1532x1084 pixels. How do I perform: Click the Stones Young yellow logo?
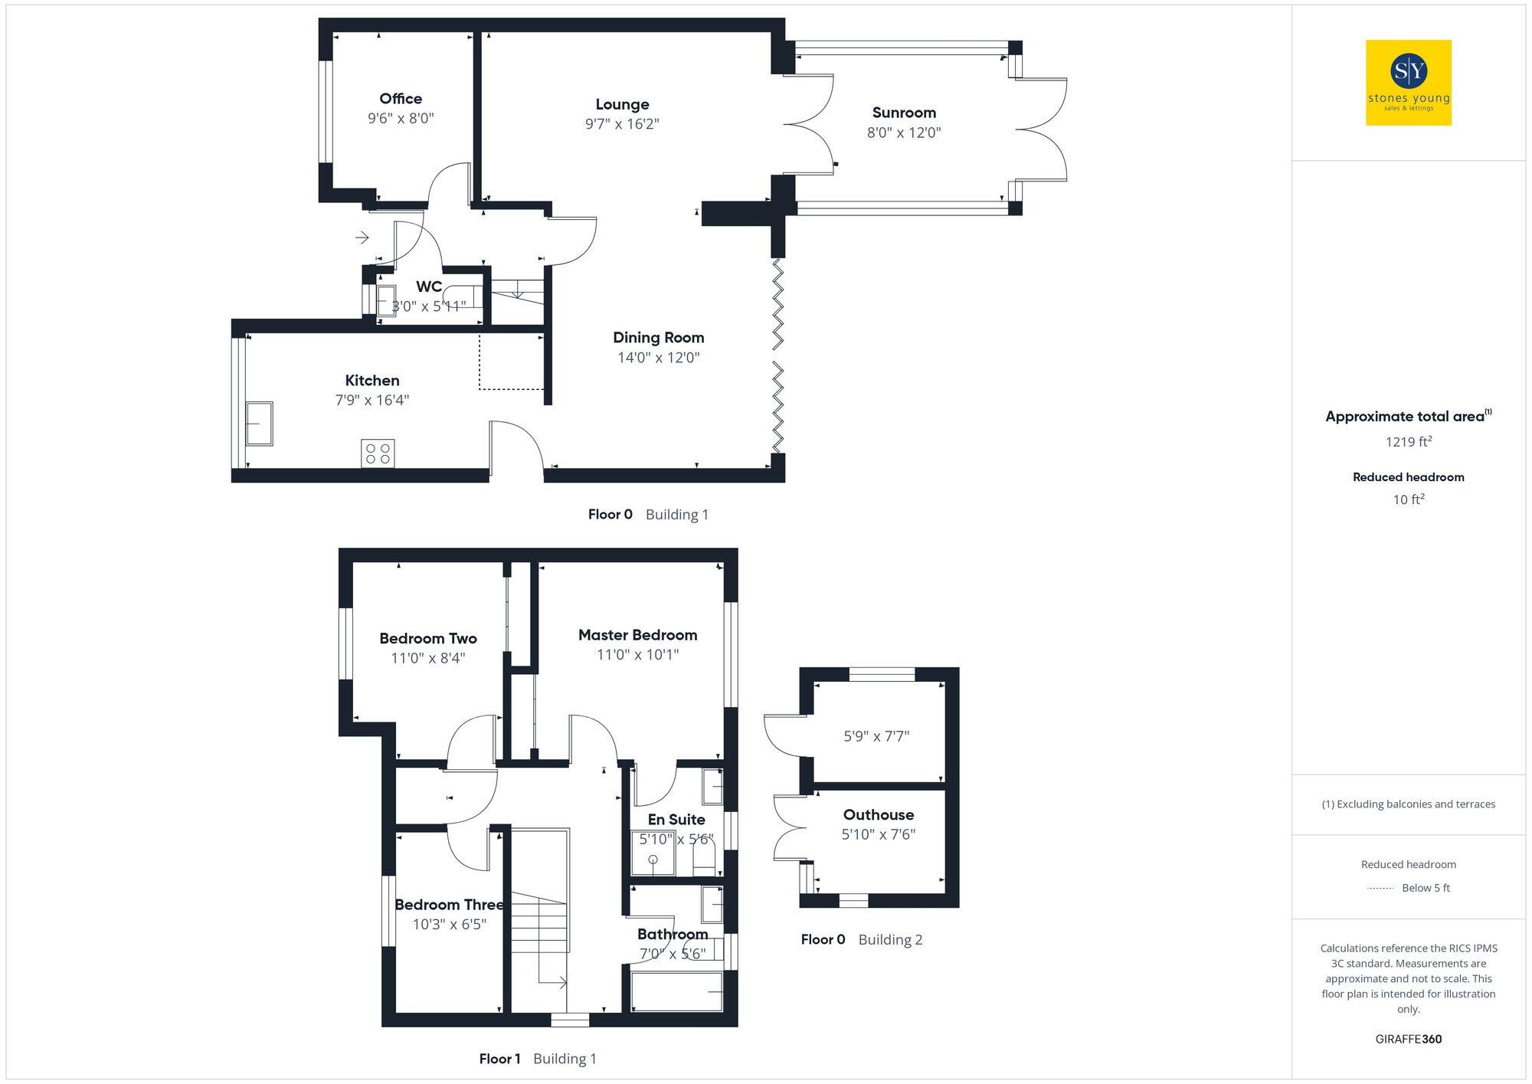tap(1408, 83)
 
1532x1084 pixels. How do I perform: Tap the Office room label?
tap(401, 98)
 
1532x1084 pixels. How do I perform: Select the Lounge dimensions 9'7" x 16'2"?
tap(622, 124)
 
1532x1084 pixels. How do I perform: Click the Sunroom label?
tap(904, 113)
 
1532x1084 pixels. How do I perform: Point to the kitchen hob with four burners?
tap(378, 453)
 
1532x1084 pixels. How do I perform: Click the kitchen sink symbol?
tap(260, 423)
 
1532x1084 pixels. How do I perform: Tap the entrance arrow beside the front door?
tap(362, 237)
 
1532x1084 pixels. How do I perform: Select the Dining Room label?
tap(658, 337)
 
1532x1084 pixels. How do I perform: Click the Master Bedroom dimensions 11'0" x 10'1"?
tap(637, 654)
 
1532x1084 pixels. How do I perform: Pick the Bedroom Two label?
tap(427, 638)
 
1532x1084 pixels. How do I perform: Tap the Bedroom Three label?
tap(449, 905)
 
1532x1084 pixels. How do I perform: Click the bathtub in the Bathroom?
tap(676, 991)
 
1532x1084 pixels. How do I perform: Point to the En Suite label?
tap(676, 819)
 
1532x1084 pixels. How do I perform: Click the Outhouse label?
tap(878, 814)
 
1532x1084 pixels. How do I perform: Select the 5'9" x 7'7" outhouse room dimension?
tap(876, 736)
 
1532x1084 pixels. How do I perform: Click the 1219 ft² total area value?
tap(1408, 441)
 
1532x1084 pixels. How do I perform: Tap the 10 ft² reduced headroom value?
tap(1408, 499)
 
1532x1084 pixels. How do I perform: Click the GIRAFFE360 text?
tap(1408, 1039)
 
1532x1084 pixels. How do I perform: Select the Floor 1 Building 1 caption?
tap(538, 1059)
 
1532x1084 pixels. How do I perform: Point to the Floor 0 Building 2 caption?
tap(861, 939)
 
